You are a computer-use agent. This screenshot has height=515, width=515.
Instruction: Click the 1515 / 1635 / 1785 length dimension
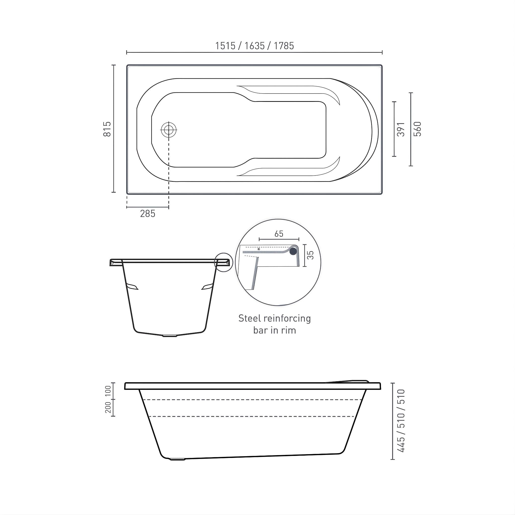(254, 46)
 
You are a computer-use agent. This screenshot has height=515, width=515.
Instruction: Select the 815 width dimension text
(107, 129)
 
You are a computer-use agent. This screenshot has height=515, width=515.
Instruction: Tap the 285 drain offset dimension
(147, 214)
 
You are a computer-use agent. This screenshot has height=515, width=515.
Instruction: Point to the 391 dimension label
(401, 129)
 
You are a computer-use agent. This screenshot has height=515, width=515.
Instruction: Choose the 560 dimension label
(417, 129)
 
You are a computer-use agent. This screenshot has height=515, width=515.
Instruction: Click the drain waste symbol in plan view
(169, 130)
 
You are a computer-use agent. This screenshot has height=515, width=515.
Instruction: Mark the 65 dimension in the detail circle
(279, 234)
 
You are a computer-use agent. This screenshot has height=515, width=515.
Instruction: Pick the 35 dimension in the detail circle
(310, 255)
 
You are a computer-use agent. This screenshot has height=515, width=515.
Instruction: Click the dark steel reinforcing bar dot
(293, 251)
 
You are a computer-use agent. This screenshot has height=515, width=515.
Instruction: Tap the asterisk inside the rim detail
(259, 249)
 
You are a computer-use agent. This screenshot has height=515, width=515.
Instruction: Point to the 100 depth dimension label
(108, 391)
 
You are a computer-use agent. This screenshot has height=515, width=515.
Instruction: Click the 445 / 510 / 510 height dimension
(401, 421)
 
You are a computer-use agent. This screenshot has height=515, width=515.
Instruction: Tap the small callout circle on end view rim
(223, 263)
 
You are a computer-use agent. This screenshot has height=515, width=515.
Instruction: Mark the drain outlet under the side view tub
(177, 459)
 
